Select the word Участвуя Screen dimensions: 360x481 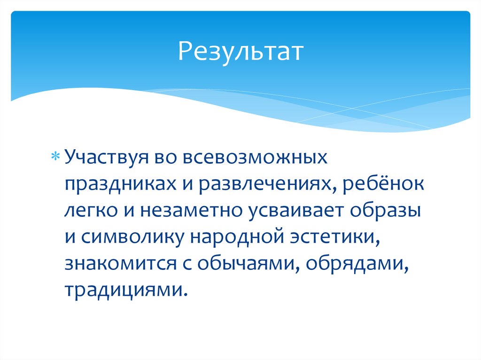pyautogui.click(x=106, y=158)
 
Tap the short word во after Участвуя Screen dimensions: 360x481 pyautogui.click(x=165, y=158)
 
